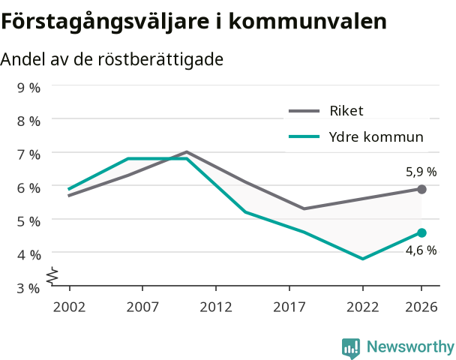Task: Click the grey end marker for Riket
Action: [x=421, y=189]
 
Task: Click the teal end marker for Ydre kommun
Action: [x=421, y=232]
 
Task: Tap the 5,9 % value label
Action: [x=421, y=172]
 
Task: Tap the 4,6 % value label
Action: [x=421, y=250]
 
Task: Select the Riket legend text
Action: [x=346, y=111]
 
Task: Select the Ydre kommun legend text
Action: [x=376, y=136]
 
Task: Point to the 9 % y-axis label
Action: [x=28, y=88]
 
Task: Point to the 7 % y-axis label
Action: [x=28, y=154]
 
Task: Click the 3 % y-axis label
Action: [x=28, y=289]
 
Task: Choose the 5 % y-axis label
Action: [x=28, y=221]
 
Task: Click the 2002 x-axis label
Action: [x=69, y=307]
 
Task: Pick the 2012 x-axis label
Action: [x=216, y=307]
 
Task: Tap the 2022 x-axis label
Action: [x=363, y=307]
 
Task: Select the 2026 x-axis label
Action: [x=421, y=307]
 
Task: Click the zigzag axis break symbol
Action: [x=52, y=275]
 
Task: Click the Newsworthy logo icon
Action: [x=351, y=348]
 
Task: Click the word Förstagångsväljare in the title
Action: [x=105, y=22]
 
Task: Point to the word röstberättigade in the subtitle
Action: [x=160, y=59]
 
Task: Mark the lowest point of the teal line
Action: [x=363, y=259]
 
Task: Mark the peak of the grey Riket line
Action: [x=187, y=151]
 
